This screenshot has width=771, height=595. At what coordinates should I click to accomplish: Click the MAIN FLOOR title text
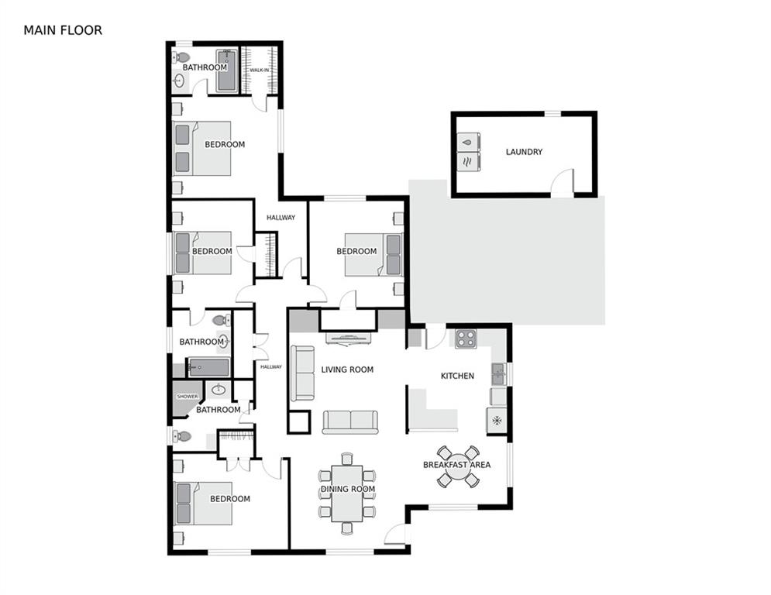[63, 30]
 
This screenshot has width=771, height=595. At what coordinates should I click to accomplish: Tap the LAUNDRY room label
[524, 152]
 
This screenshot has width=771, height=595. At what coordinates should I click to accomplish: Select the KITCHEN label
[457, 376]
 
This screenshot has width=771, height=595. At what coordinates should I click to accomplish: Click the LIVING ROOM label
[347, 370]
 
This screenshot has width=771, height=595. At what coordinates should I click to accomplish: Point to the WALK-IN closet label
[259, 71]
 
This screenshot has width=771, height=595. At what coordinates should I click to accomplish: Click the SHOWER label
[188, 396]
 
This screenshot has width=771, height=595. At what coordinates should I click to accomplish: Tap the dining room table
[346, 493]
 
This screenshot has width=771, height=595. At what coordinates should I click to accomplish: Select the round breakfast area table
[458, 466]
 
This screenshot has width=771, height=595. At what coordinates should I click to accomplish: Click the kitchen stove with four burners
[466, 338]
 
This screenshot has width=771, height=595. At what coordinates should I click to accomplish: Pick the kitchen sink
[497, 373]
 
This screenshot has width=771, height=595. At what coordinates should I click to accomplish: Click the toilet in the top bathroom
[182, 57]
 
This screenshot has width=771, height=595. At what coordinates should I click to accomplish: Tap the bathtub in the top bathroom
[227, 71]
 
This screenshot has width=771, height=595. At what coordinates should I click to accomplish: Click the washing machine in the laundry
[468, 142]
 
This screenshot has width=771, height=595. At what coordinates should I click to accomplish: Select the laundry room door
[562, 183]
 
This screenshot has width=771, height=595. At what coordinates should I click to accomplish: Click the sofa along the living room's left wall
[302, 373]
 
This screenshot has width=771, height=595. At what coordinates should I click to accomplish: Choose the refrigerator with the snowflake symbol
[497, 420]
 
